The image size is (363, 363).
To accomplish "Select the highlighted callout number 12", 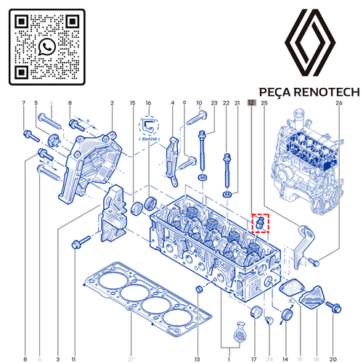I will tap(251, 104).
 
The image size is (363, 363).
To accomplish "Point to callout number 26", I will tap(338, 104).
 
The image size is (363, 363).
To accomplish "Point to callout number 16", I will tap(148, 104).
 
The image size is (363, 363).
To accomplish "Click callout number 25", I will tap(264, 104).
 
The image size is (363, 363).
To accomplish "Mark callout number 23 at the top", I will tap(214, 104).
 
